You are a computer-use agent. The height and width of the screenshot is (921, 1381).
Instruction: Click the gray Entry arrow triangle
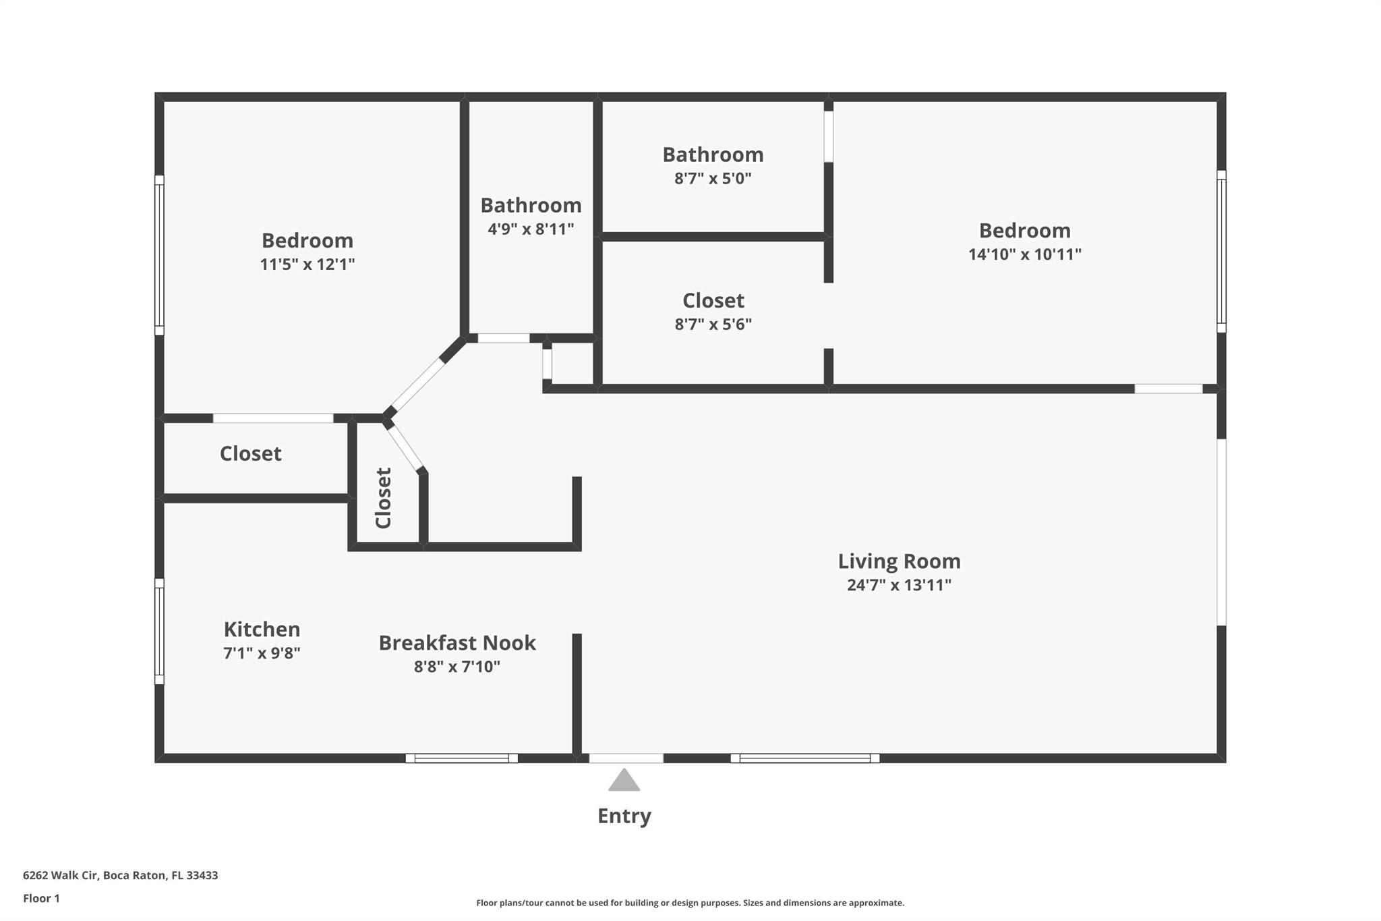click(x=624, y=781)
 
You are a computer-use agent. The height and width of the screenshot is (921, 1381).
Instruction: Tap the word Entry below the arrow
click(x=624, y=816)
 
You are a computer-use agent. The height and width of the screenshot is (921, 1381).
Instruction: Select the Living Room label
click(x=899, y=561)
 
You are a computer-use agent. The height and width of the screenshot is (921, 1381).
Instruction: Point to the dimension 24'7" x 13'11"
click(x=899, y=585)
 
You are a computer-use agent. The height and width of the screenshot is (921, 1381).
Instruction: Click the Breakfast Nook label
click(x=457, y=643)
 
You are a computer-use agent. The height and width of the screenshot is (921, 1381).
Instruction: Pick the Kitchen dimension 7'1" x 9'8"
click(x=262, y=653)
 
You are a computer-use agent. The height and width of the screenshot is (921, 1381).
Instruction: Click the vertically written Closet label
click(x=384, y=498)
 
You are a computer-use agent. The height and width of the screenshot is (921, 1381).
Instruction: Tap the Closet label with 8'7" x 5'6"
click(x=713, y=300)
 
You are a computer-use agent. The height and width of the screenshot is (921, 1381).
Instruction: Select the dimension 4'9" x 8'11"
click(x=531, y=229)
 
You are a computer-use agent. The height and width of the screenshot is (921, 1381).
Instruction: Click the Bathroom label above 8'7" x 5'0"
click(x=713, y=155)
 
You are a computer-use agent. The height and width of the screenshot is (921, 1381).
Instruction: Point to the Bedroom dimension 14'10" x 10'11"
click(x=1024, y=254)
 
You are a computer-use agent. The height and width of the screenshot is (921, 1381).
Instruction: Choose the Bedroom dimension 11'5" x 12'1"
click(x=307, y=264)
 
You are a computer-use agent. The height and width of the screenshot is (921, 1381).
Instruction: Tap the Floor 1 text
click(x=41, y=899)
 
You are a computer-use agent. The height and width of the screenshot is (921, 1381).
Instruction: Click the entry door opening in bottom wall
click(x=626, y=758)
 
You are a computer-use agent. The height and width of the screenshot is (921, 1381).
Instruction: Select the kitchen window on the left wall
click(x=159, y=631)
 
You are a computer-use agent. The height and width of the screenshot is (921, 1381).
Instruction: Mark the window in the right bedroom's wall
click(x=1221, y=251)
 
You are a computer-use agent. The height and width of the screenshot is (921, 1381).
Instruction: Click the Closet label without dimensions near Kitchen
click(x=250, y=453)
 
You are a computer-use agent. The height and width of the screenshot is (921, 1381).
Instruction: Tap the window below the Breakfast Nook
click(x=461, y=758)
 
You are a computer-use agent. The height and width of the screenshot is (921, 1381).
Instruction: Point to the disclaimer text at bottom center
click(x=690, y=903)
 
